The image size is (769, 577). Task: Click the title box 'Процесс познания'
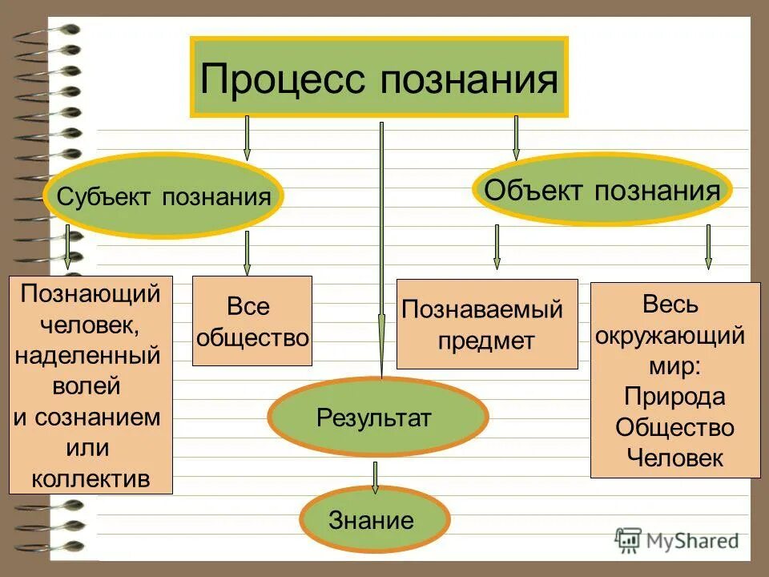coord(379,78)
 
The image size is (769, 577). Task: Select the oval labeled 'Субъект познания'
coord(163,196)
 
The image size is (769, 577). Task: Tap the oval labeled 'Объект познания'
coord(602,190)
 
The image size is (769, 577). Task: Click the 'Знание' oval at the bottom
coord(371,521)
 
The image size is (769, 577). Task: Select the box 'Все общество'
coord(252,321)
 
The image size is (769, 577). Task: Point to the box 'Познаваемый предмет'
coord(487,324)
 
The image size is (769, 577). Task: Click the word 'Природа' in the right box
coord(674,397)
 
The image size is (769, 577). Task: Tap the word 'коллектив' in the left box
coord(91,478)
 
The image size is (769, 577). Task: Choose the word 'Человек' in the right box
coord(674,458)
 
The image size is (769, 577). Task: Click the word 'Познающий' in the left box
coord(91,294)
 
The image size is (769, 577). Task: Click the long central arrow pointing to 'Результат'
coord(381,248)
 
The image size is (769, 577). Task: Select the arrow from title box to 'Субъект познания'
coord(247,137)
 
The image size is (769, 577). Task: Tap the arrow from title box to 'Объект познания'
coord(516,137)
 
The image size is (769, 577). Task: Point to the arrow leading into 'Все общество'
coord(247,253)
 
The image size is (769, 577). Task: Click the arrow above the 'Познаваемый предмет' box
coord(497,246)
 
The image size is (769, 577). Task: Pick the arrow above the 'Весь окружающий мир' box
coord(708,246)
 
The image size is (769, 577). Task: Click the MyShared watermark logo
coord(677,540)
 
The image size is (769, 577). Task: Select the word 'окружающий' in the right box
coord(670,335)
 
